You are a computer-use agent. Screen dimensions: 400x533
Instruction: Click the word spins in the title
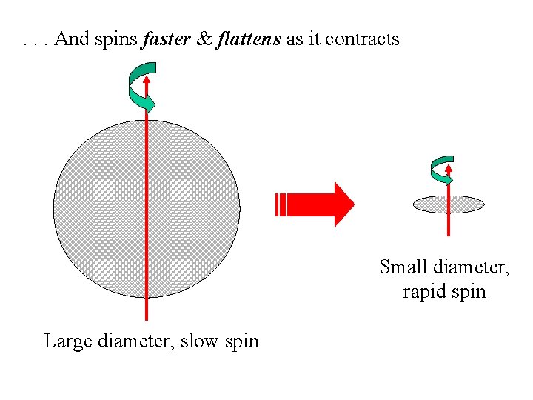tap(115, 39)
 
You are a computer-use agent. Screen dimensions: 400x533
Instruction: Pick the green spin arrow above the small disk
tap(441, 170)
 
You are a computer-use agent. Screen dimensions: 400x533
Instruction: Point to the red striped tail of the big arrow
tap(280, 204)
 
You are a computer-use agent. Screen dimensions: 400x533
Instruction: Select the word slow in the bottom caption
tap(203, 341)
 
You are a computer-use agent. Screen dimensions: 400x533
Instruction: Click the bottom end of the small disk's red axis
tap(449, 233)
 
